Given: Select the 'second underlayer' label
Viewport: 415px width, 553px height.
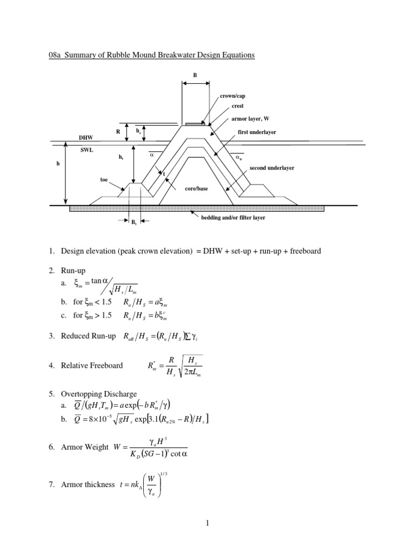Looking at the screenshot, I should pos(272,168).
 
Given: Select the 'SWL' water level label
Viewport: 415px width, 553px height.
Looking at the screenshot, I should pos(86,151).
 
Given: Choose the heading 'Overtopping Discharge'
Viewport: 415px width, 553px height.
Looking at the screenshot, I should pos(99,394).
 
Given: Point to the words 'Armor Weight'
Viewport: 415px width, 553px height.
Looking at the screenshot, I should pos(85,447).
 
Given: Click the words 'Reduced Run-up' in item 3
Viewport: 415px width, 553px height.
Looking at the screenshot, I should pos(89,336).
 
